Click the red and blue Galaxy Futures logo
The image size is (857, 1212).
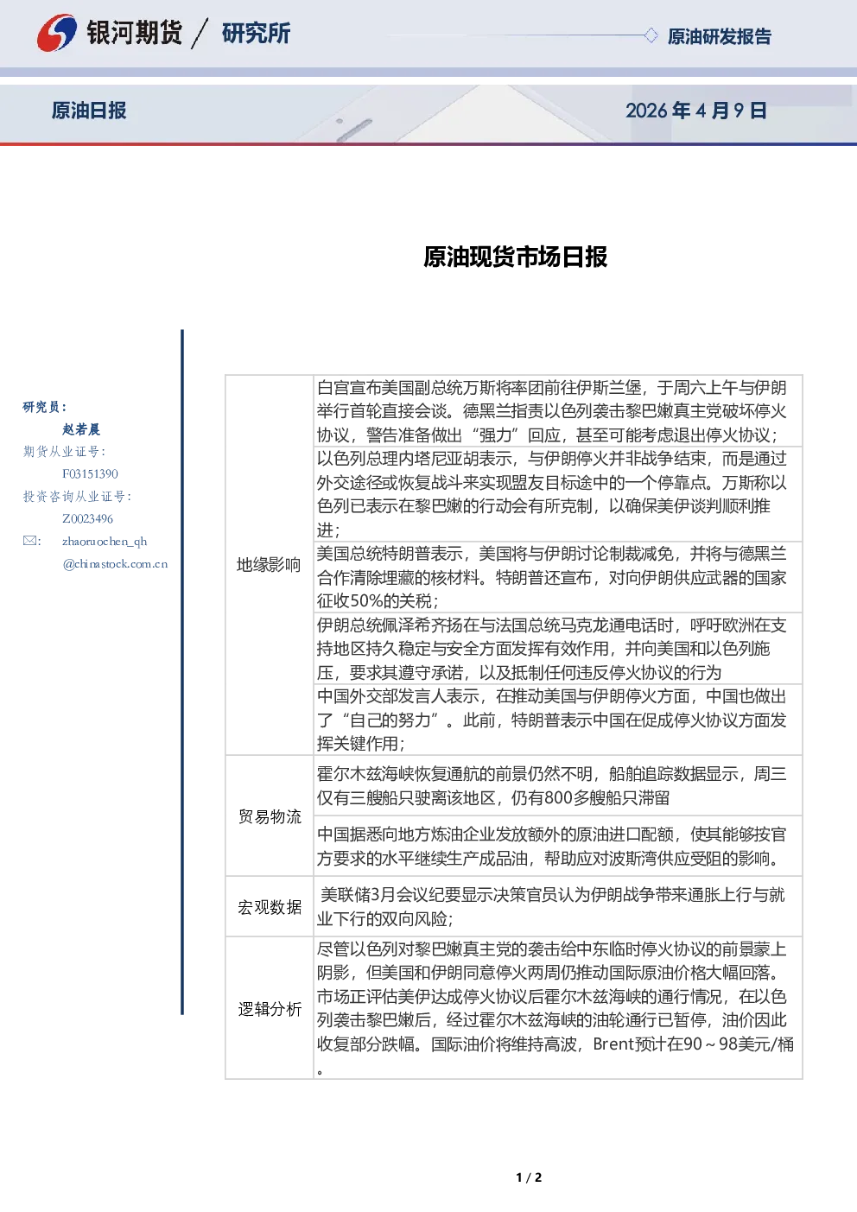(x=57, y=33)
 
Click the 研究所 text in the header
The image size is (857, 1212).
(x=256, y=33)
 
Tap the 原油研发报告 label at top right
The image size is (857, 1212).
(x=719, y=36)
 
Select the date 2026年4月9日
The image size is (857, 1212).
(x=695, y=111)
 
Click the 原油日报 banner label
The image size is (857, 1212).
(x=89, y=111)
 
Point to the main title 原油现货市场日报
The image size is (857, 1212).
(x=515, y=257)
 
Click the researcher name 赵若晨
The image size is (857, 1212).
(x=81, y=429)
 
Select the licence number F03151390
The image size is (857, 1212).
(x=90, y=473)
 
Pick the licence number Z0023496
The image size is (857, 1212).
(x=87, y=518)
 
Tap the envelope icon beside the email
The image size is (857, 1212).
(x=30, y=541)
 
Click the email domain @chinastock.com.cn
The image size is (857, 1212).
(x=115, y=564)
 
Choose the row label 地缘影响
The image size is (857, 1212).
(x=269, y=565)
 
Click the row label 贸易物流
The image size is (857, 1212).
(x=270, y=816)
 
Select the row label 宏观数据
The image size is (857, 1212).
(x=270, y=907)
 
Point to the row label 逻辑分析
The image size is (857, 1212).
(x=270, y=1009)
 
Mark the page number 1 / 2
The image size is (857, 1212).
(x=529, y=1177)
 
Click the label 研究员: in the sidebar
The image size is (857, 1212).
(x=44, y=407)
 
